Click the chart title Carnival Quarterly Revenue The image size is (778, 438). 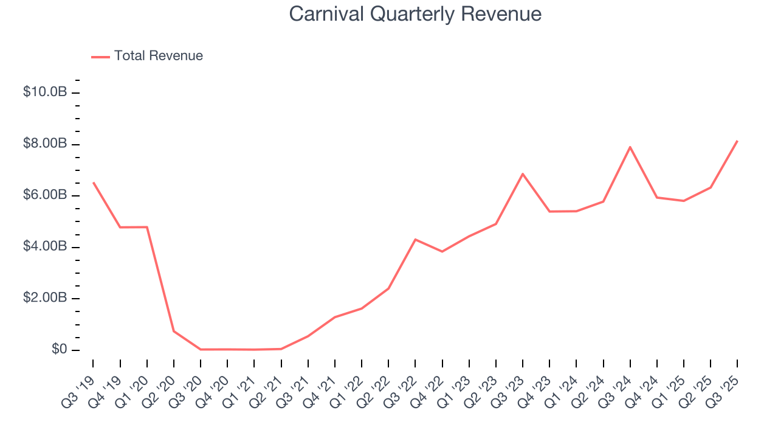pyautogui.click(x=415, y=13)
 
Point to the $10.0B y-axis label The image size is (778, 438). pyautogui.click(x=45, y=92)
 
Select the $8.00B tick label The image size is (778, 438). pyautogui.click(x=45, y=144)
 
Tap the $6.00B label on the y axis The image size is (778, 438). pyautogui.click(x=45, y=195)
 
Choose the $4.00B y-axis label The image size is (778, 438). pyautogui.click(x=45, y=247)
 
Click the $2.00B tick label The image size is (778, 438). pyautogui.click(x=45, y=298)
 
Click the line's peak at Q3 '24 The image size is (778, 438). pyautogui.click(x=630, y=147)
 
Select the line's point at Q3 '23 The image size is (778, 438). pyautogui.click(x=523, y=174)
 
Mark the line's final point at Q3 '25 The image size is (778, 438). pyautogui.click(x=737, y=141)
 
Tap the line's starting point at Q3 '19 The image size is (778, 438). pyautogui.click(x=93, y=182)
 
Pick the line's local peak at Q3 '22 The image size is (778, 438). pyautogui.click(x=415, y=240)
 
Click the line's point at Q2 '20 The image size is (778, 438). pyautogui.click(x=174, y=331)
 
